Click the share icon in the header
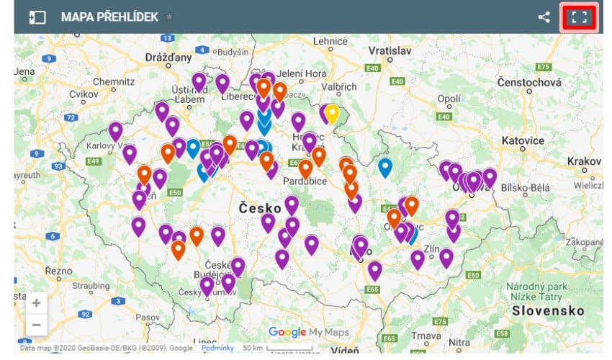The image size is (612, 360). pos(544,17)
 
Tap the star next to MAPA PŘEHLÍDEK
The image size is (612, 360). pos(169,17)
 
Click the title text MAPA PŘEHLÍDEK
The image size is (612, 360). pos(109,17)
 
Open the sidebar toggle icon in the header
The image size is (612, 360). pos(37,17)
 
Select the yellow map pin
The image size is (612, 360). pos(331,113)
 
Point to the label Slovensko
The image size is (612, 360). pos(546,310)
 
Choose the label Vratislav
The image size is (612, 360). pos(390,51)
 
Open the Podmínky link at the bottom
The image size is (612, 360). pos(217,348)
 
